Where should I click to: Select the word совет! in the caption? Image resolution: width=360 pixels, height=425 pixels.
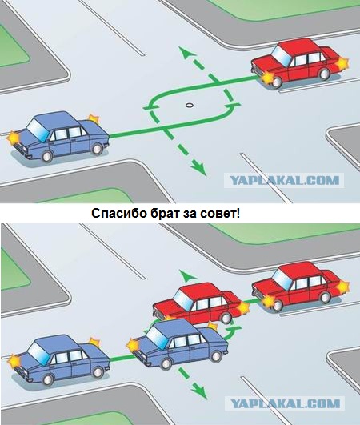coord(220,214)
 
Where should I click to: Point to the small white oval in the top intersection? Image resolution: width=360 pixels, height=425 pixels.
coord(189,105)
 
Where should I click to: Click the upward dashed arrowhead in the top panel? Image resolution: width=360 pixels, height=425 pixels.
coord(186,51)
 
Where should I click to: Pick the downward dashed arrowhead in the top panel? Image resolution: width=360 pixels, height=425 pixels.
coord(199,169)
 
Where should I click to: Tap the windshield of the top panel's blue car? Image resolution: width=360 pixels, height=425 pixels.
coord(37,127)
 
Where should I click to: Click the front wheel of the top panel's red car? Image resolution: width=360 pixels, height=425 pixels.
coord(275,82)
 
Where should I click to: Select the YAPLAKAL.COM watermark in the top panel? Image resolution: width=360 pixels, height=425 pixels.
coord(285,181)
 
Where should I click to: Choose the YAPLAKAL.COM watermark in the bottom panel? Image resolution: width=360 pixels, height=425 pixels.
coord(286,403)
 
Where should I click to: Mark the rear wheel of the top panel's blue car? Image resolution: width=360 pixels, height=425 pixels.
coord(97,149)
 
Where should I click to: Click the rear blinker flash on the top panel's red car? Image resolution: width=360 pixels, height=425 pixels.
coord(343,64)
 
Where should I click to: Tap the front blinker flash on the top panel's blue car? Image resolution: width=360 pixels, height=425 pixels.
coord(13,137)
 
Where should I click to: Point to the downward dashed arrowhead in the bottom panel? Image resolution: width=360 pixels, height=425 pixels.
coord(199,391)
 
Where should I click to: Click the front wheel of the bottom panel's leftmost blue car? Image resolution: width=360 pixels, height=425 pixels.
coord(48,380)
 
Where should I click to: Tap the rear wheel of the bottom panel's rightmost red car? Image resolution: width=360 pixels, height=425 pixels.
coord(324,297)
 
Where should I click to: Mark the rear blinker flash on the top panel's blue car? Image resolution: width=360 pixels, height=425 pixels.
coord(94,119)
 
